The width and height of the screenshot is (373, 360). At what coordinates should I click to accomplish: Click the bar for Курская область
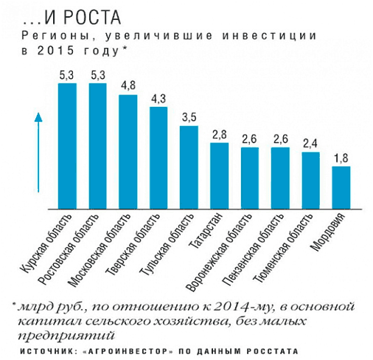coord(67,146)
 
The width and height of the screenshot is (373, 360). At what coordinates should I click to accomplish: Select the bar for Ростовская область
coord(97,146)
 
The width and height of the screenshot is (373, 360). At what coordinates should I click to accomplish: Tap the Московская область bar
coord(128,152)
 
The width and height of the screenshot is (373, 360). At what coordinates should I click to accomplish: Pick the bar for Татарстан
coord(220,176)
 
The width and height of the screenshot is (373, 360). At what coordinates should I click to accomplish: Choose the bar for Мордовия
coord(341,187)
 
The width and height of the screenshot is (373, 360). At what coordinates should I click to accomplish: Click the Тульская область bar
coord(189,167)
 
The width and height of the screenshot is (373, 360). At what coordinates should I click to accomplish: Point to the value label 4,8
coord(128,86)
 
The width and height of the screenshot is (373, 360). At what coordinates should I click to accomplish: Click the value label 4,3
coord(158,98)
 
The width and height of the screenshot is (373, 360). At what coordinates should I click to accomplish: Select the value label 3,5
coord(189,117)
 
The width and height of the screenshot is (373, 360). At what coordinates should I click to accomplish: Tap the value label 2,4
coord(310,144)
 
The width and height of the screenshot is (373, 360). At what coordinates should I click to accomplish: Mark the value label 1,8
coord(341,158)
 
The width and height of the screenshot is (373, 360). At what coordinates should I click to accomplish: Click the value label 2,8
coord(220,134)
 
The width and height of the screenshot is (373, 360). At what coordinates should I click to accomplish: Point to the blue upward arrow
coord(38,152)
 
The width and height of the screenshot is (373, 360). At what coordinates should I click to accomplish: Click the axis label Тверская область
coord(132,244)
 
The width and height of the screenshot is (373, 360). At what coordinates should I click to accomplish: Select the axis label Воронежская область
coord(219,252)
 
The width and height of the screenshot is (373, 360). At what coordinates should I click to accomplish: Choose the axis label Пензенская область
coord(251,249)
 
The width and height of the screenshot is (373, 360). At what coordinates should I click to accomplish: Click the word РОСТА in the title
coord(93,18)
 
